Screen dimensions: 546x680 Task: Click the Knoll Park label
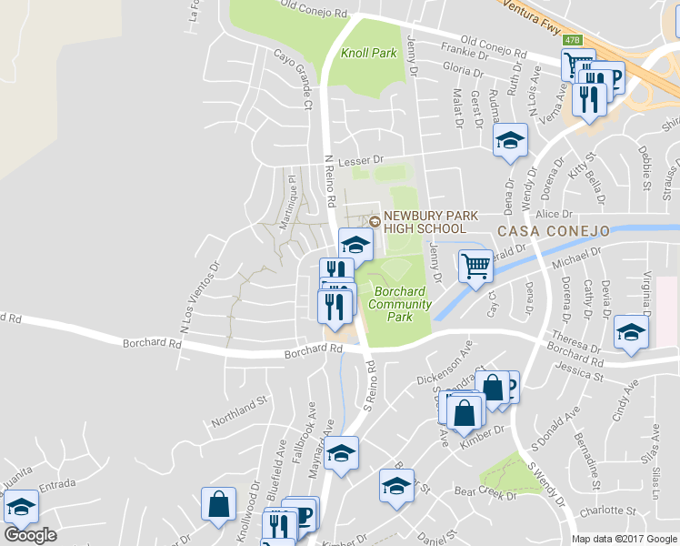point(369,54)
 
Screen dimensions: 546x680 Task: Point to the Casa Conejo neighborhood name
point(551,231)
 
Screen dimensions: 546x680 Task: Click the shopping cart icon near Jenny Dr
point(475,266)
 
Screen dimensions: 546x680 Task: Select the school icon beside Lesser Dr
point(511,139)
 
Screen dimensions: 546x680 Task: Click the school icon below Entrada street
point(21,506)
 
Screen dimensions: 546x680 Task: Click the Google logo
point(30,535)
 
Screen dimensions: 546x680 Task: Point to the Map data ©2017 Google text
point(625,539)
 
